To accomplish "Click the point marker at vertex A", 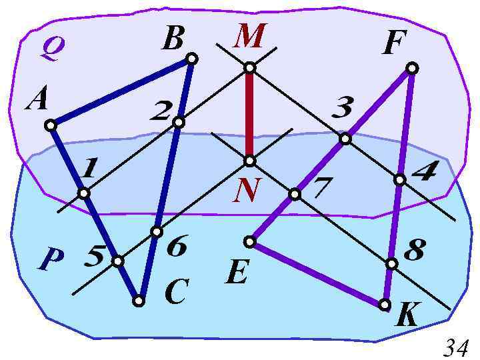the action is coord(51,125).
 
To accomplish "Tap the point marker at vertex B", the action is coord(191,59).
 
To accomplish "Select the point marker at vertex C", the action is coord(139,301).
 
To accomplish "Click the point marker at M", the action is coord(249,67).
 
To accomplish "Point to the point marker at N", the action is coord(249,161).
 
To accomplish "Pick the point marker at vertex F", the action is coord(412,68).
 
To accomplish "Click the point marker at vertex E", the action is coord(250,241).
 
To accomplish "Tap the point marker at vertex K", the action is coord(385,305).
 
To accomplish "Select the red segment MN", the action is coord(249,113).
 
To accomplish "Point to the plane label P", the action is coord(51,260).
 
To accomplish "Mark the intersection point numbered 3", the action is coord(345,139).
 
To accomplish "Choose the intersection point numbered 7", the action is coord(295,194).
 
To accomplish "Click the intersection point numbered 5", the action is coord(117,261).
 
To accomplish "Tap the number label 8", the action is coord(415,251).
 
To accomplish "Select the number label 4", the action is coord(424,173).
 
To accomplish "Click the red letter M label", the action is coord(249,36).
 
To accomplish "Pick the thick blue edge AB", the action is coord(121,92).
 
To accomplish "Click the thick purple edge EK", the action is coord(317,273).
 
